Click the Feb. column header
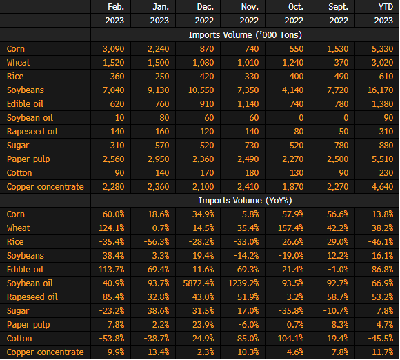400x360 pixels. pyautogui.click(x=116, y=7)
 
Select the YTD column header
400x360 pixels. pyautogui.click(x=386, y=7)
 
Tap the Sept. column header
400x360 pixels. pyautogui.click(x=338, y=7)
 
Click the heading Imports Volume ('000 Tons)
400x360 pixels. pyautogui.click(x=245, y=35)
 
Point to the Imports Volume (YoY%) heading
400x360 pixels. pyautogui.click(x=245, y=201)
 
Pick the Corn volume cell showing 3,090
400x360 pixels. pyautogui.click(x=114, y=49)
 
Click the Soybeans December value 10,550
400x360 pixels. pyautogui.click(x=201, y=90)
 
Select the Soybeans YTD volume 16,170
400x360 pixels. pyautogui.click(x=381, y=90)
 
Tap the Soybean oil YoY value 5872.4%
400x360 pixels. pyautogui.click(x=199, y=283)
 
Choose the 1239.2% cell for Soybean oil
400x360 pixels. pyautogui.click(x=243, y=283)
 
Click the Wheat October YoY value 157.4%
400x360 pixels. pyautogui.click(x=290, y=228)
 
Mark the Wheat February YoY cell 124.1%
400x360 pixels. pyautogui.click(x=112, y=228)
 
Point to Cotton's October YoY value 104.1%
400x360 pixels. pyautogui.click(x=290, y=339)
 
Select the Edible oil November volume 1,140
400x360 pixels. pyautogui.click(x=248, y=104)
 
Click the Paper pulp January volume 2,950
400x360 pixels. pyautogui.click(x=159, y=159)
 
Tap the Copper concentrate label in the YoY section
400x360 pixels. pyautogui.click(x=45, y=352)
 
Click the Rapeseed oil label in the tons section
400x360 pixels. pyautogui.click(x=32, y=132)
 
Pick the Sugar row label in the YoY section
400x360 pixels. pyautogui.click(x=18, y=311)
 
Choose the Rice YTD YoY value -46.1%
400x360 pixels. pyautogui.click(x=381, y=242)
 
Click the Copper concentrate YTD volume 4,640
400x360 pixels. pyautogui.click(x=382, y=187)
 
